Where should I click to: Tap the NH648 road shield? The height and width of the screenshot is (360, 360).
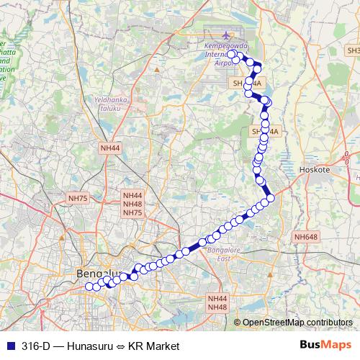click(x=305, y=236)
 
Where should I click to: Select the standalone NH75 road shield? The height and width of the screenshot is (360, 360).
click(x=77, y=198)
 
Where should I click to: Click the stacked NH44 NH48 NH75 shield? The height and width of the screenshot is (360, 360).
click(x=132, y=204)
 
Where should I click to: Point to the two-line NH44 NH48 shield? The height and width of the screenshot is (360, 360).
click(x=217, y=303)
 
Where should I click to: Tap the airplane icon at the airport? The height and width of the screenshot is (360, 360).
click(x=228, y=35)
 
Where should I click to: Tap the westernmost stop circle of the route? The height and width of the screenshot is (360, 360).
click(x=89, y=287)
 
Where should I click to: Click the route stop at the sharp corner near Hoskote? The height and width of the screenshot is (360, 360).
click(x=271, y=199)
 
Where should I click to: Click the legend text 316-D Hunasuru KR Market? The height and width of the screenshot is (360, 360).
click(x=100, y=346)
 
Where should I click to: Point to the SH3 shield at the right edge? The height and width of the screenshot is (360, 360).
click(x=353, y=51)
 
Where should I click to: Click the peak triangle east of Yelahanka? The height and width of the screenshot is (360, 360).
click(x=157, y=69)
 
